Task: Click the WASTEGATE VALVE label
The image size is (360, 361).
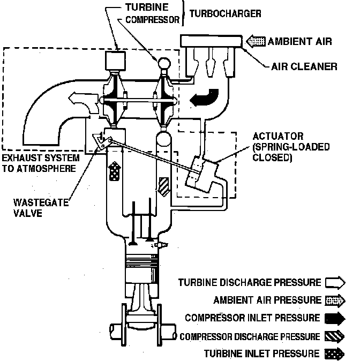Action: coord(35,208)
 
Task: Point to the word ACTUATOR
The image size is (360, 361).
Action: coord(278,137)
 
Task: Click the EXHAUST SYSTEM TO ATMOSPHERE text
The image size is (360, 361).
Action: coord(41,163)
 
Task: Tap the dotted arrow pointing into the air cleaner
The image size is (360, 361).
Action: coord(256,41)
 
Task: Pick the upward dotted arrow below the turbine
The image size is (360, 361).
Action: coord(114,172)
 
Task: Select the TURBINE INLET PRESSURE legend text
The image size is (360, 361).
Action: coord(261,354)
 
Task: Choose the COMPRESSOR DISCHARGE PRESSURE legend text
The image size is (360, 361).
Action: coord(250,336)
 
